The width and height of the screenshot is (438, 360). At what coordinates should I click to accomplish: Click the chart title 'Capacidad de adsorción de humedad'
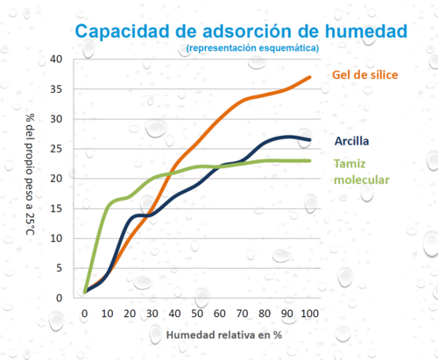point(241,31)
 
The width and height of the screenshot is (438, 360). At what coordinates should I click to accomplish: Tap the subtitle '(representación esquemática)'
point(252,47)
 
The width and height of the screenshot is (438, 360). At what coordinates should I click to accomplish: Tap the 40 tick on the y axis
point(57,59)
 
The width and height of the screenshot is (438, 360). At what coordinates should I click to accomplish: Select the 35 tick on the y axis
point(57,88)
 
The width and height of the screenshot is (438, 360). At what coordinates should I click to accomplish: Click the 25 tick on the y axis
point(57,148)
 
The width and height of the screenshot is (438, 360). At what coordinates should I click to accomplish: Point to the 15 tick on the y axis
point(57,208)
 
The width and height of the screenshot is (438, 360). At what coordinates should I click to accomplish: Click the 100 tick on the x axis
point(308,314)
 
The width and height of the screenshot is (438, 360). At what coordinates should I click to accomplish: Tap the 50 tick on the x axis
point(197,314)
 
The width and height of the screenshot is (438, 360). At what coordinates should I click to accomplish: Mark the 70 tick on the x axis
point(242,314)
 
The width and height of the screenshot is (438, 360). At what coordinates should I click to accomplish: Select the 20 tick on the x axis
point(130,314)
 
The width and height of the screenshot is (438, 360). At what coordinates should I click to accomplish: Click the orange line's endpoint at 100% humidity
point(309,78)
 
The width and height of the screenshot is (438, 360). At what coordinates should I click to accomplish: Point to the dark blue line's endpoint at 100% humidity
point(309,140)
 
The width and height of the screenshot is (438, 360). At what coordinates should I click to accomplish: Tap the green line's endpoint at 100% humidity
point(309,160)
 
